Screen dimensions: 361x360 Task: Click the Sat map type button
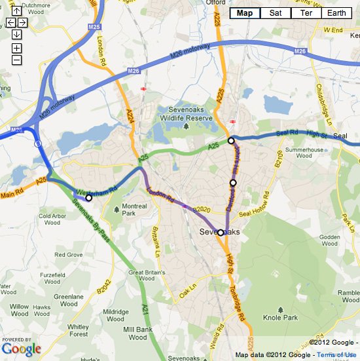pos(276,13)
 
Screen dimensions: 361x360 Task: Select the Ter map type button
pos(306,13)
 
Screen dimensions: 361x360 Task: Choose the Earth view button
pos(337,13)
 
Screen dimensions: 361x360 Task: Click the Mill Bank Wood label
pos(137,333)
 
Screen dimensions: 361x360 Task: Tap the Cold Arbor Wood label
pos(54,219)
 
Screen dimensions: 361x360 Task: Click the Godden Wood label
pos(331,241)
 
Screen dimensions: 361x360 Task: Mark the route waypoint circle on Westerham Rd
pos(89,197)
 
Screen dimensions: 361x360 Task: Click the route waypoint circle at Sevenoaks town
pos(221,233)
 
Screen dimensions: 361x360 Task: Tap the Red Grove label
pos(68,254)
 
